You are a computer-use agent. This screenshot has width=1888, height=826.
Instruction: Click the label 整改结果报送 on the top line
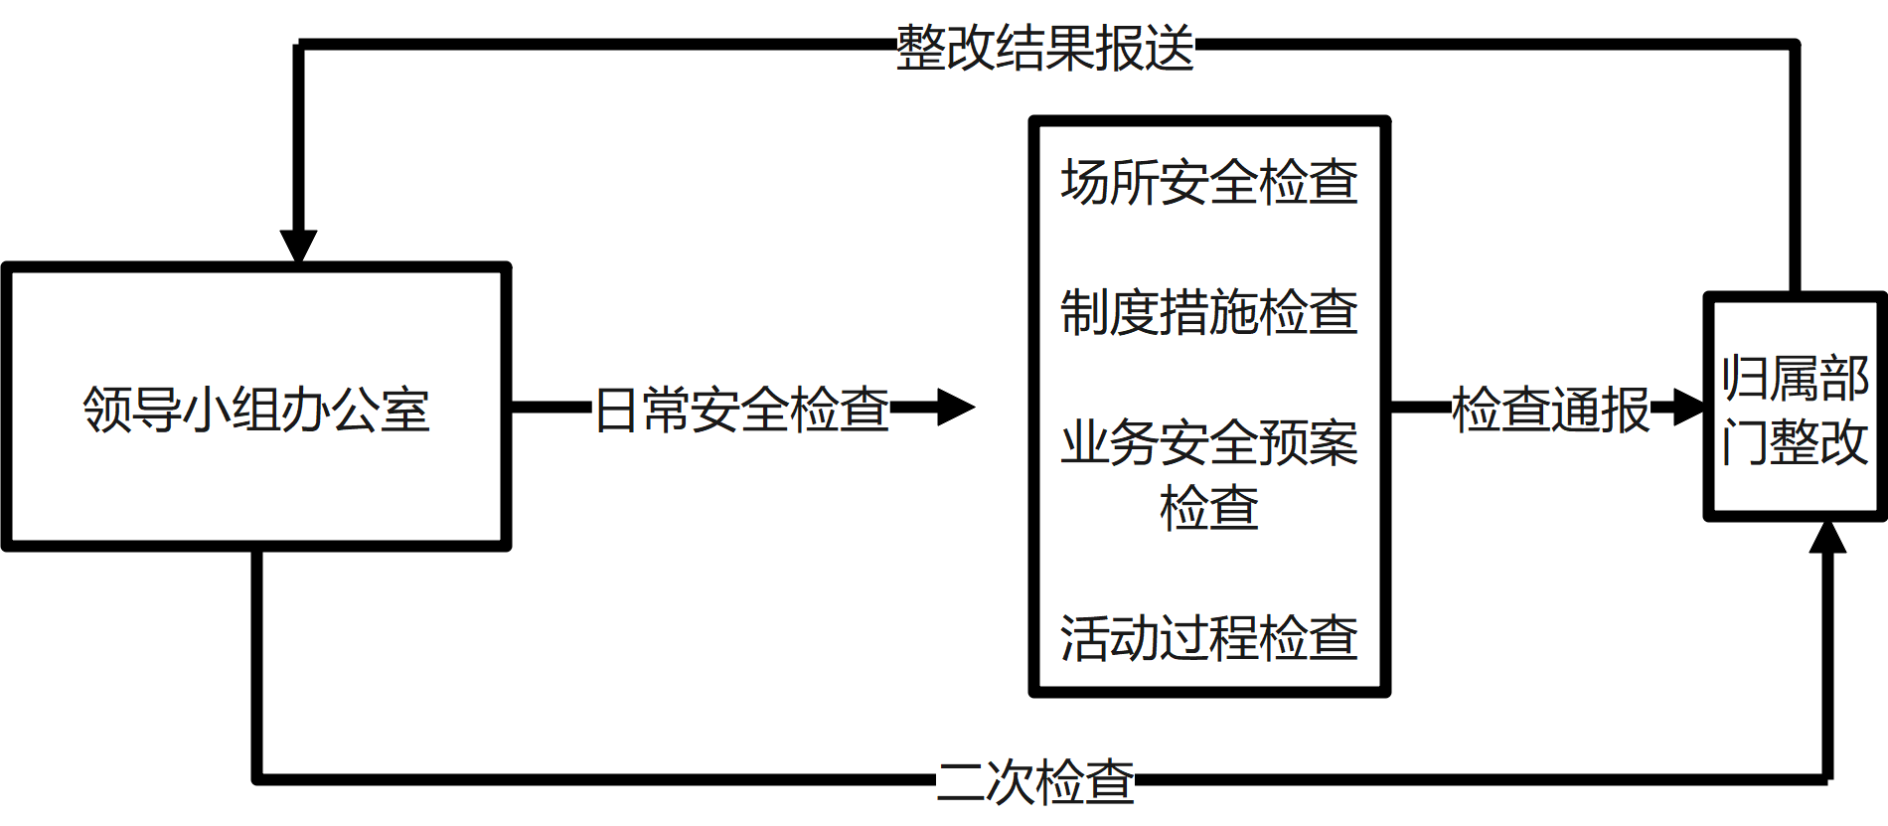pos(1044,48)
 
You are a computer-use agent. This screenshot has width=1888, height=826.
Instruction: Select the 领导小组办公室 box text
pos(256,409)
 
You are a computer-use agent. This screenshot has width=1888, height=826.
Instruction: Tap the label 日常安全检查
pos(741,409)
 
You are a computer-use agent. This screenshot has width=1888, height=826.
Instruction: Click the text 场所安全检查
pos(1208,182)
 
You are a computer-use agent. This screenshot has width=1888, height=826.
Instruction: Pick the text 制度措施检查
pos(1208,311)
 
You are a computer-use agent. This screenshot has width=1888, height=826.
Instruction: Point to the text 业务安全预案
pos(1208,442)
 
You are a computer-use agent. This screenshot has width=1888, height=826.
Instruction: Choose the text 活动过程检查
pos(1208,637)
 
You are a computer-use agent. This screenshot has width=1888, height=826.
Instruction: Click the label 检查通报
pos(1550,409)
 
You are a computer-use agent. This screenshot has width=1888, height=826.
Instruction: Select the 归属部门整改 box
pos(1795,408)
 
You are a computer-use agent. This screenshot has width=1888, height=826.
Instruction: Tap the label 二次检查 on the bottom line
pos(1034,781)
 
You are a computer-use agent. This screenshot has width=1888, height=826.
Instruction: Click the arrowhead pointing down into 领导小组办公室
pos(298,246)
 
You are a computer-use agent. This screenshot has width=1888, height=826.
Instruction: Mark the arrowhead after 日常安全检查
pos(955,407)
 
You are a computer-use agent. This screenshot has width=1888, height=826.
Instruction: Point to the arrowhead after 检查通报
pos(1689,407)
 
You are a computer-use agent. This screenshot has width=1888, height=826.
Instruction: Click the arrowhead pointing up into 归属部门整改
pos(1827,538)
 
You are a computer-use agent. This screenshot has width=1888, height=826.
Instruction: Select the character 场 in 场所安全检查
pos(1085,182)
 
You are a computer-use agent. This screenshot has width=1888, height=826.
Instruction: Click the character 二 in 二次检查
pos(961,781)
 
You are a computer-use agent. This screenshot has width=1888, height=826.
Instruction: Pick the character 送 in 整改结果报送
pos(1170,48)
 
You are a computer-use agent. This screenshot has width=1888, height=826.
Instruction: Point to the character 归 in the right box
pos(1746,378)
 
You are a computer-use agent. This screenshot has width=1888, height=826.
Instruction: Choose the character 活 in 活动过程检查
pos(1085,637)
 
